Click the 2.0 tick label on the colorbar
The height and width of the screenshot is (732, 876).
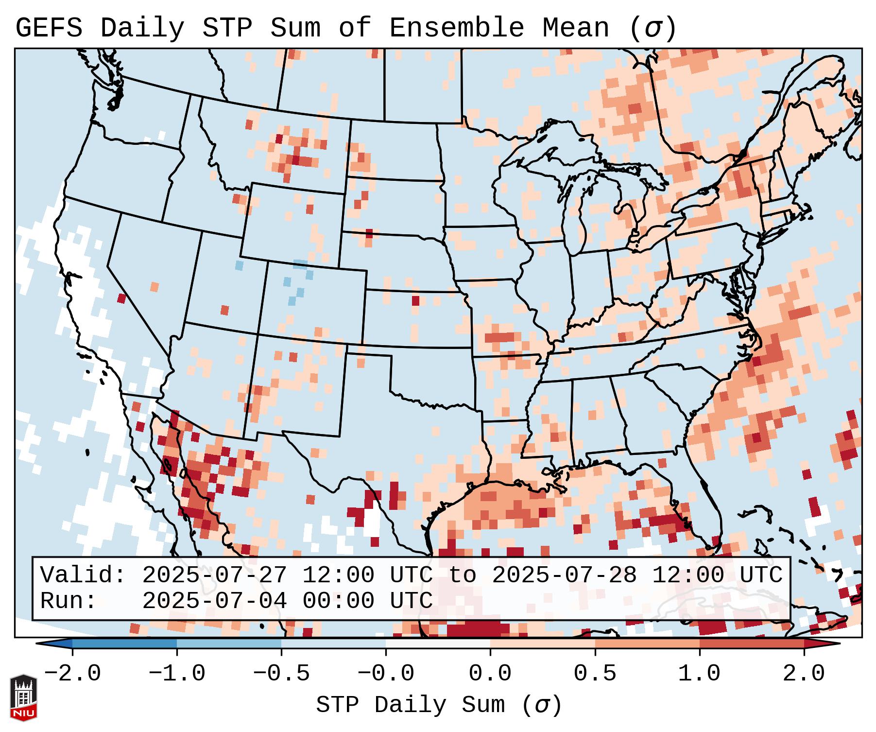(x=804, y=674)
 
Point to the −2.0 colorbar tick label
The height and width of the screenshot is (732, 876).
(x=72, y=674)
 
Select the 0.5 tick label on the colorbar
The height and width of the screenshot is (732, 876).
(x=595, y=674)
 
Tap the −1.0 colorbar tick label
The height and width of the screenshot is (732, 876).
(x=177, y=674)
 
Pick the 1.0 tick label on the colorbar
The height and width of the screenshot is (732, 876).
(x=699, y=674)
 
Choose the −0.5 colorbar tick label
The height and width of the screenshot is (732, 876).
(x=281, y=674)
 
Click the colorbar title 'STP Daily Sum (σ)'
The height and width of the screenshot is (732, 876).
(x=439, y=705)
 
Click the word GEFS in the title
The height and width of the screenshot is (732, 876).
(x=49, y=28)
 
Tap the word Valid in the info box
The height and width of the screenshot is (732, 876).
(x=82, y=575)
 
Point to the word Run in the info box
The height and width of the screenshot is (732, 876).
(x=68, y=601)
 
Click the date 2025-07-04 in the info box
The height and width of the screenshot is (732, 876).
(x=214, y=601)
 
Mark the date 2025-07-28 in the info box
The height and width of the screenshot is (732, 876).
(x=564, y=575)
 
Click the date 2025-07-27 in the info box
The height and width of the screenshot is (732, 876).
(x=214, y=575)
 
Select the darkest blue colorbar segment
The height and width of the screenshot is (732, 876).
(x=124, y=644)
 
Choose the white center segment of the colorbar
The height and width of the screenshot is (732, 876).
(x=438, y=644)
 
